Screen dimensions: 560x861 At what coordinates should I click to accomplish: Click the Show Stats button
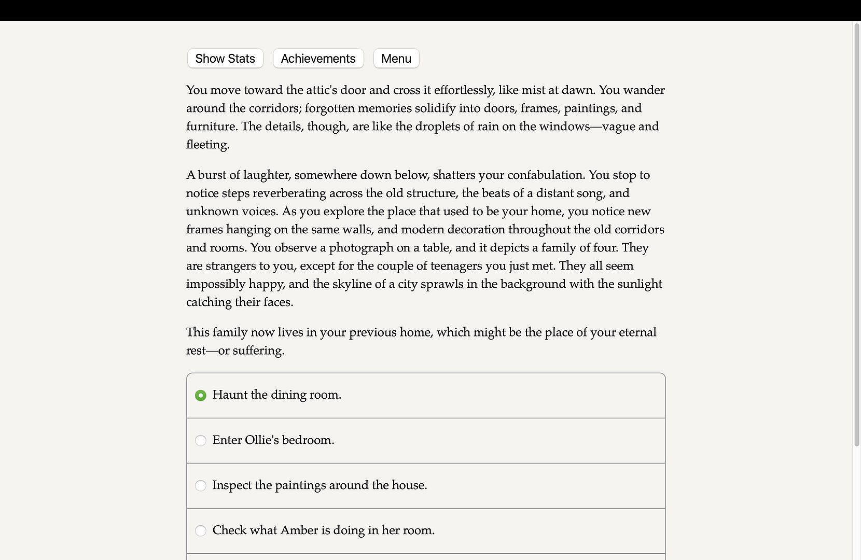pyautogui.click(x=225, y=59)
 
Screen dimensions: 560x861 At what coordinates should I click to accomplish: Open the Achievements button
pyautogui.click(x=318, y=59)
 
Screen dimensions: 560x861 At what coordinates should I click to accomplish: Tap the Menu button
pyautogui.click(x=396, y=59)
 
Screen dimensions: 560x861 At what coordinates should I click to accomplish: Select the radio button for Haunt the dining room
pyautogui.click(x=201, y=396)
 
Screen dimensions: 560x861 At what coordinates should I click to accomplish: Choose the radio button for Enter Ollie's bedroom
pyautogui.click(x=201, y=441)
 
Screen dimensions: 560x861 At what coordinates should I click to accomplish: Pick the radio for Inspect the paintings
pyautogui.click(x=201, y=486)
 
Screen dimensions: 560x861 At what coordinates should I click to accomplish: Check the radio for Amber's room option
pyautogui.click(x=201, y=531)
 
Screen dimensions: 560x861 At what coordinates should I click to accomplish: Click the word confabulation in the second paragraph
pyautogui.click(x=545, y=175)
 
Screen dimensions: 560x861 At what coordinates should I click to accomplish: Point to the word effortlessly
pyautogui.click(x=464, y=90)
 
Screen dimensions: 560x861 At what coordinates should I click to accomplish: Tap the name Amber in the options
pyautogui.click(x=299, y=530)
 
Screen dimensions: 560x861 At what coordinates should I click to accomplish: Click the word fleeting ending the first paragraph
pyautogui.click(x=207, y=145)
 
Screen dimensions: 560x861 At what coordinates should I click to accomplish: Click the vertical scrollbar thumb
pyautogui.click(x=856, y=233)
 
